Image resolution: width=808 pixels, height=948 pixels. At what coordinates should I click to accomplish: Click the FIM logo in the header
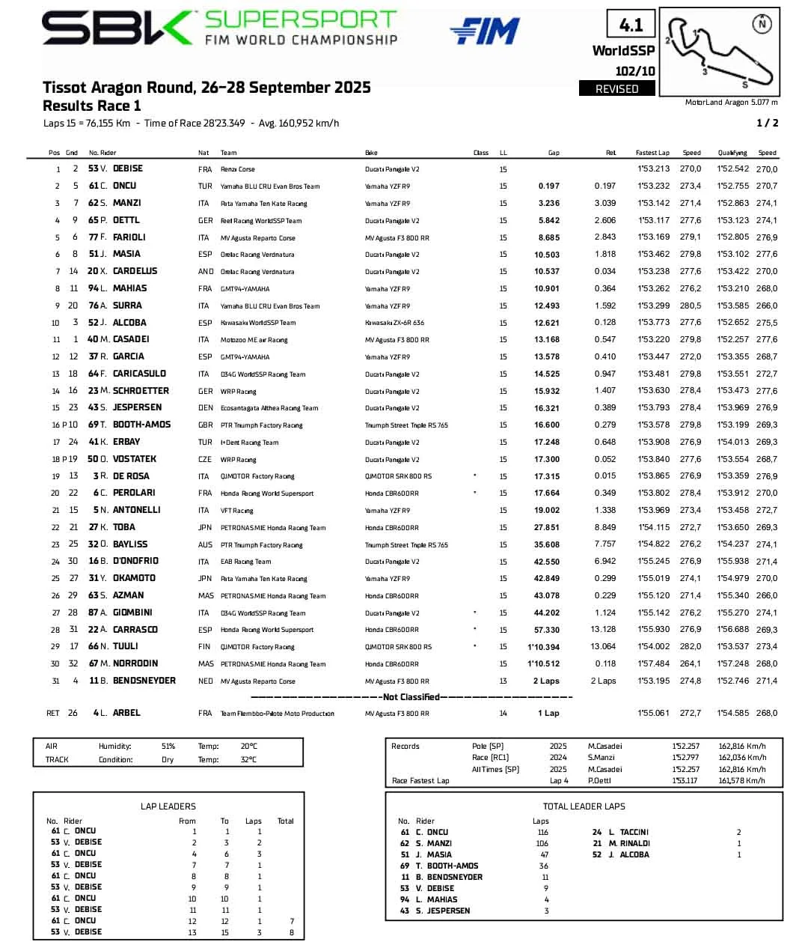[485, 31]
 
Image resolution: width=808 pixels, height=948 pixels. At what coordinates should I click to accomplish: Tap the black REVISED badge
[616, 89]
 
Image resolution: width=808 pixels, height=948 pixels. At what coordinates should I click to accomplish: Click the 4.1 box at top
[631, 25]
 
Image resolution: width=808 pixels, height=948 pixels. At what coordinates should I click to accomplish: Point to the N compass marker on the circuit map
[762, 25]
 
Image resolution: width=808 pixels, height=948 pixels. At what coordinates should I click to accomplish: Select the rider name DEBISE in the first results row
[128, 169]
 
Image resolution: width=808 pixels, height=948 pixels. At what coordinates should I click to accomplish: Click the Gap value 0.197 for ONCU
[548, 186]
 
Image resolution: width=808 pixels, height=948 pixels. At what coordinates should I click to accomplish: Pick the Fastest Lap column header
[652, 153]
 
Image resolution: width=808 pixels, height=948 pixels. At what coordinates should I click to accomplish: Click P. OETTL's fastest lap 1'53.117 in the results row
[653, 221]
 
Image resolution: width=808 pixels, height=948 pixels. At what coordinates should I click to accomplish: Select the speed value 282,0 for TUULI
[691, 646]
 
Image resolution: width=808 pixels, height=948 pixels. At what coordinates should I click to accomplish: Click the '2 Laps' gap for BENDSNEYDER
[546, 681]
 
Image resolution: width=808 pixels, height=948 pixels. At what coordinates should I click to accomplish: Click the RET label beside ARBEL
[53, 714]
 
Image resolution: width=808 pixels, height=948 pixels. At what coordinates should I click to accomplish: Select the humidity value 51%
[168, 747]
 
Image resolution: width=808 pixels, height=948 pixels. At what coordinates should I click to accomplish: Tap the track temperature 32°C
[249, 760]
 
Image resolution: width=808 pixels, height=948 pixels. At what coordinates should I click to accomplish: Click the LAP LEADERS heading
[168, 806]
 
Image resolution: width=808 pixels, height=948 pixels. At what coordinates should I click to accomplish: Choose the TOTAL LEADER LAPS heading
[584, 806]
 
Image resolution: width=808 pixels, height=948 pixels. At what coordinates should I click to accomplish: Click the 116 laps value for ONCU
[542, 833]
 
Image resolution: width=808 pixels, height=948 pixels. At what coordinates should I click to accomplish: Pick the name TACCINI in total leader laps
[634, 833]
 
